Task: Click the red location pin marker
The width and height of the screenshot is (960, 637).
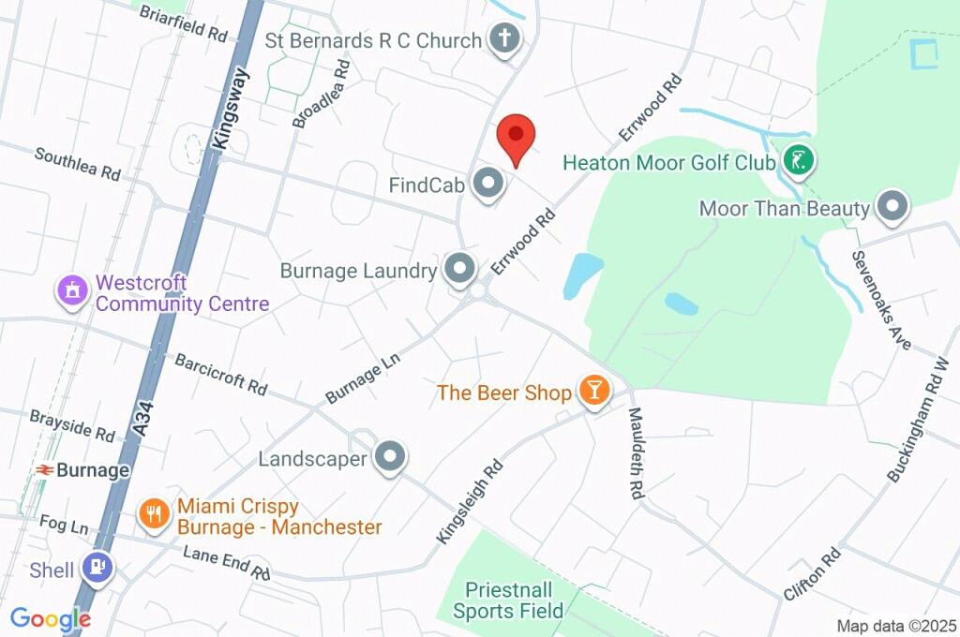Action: [515, 139]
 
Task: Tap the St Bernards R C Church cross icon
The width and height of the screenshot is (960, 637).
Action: [504, 39]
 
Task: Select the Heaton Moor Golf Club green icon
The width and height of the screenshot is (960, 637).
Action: [797, 161]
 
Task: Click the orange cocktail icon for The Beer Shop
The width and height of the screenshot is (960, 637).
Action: [592, 392]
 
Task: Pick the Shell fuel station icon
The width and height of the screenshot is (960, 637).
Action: [97, 567]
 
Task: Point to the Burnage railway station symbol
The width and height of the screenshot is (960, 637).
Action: [44, 470]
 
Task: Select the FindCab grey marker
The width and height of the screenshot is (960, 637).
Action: [487, 185]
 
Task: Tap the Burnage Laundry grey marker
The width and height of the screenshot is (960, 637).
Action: [459, 270]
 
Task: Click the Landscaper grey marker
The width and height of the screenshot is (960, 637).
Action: [390, 458]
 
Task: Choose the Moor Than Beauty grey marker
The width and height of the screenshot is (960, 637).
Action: [892, 207]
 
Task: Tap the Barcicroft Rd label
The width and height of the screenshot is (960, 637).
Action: [221, 374]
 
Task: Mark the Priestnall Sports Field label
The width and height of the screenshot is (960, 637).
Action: [509, 600]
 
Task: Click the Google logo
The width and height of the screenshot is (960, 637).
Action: [51, 619]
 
